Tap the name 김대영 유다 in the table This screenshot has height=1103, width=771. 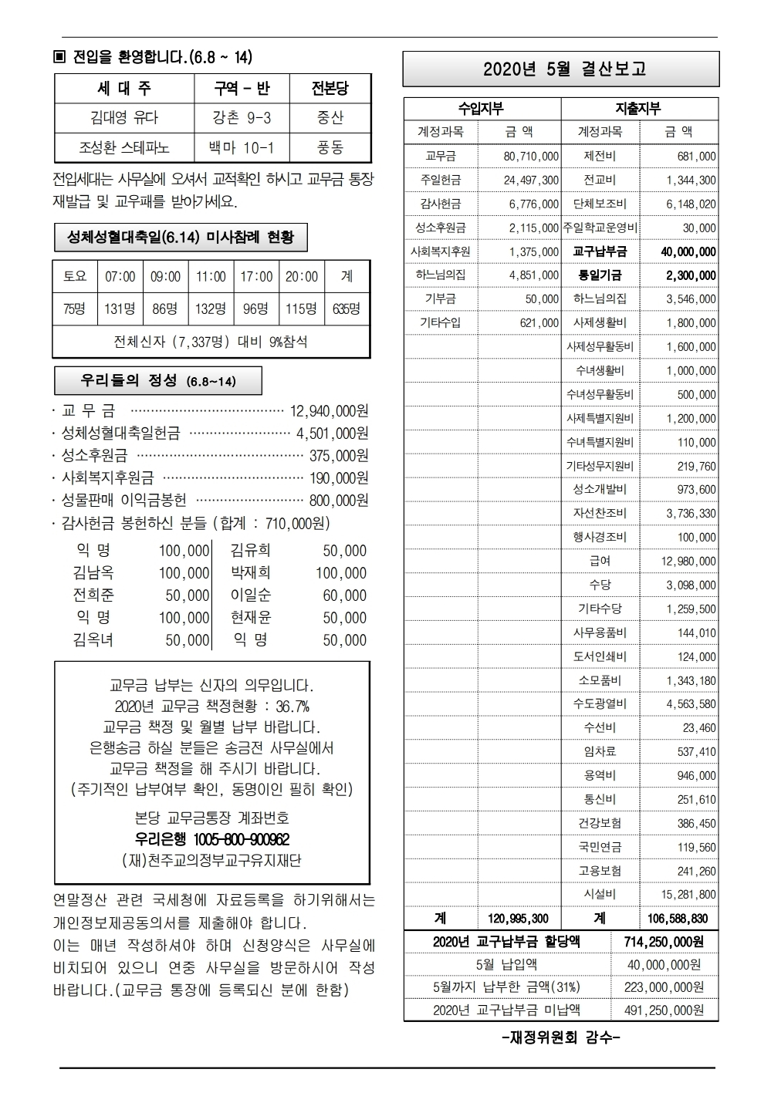tap(124, 118)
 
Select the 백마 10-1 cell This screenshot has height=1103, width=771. tap(242, 147)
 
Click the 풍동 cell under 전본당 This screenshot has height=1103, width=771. tap(330, 147)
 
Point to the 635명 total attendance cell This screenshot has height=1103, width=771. tap(347, 309)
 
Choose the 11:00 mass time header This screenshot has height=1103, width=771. tap(211, 276)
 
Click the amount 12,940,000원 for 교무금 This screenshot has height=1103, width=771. tap(329, 411)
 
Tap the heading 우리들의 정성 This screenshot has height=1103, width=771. tap(157, 381)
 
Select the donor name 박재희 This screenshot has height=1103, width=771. tap(250, 573)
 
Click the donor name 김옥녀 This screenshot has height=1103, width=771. tap(93, 640)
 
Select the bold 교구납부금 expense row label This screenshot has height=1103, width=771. tap(600, 251)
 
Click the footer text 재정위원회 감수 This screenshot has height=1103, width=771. tap(561, 1038)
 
